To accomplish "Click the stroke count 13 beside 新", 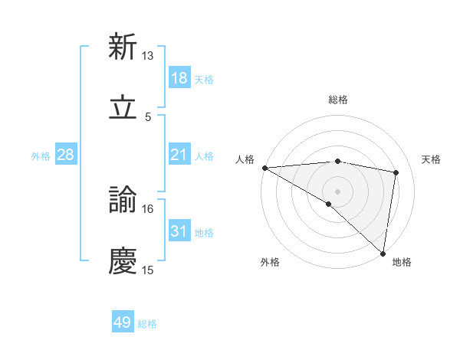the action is click(148, 55).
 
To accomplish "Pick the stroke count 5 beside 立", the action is click(148, 117).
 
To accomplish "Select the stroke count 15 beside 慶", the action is click(148, 270).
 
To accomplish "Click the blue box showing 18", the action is click(179, 78).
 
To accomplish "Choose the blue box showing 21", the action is click(179, 155).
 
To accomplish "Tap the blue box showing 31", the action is click(179, 232).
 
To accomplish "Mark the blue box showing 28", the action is click(66, 155).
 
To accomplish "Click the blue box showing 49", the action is click(123, 323).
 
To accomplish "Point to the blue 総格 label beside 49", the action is click(147, 324).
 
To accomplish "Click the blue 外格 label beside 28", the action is click(41, 156).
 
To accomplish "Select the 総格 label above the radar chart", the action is click(338, 100).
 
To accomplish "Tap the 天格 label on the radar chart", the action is click(432, 159).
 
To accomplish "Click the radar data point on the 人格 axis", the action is click(264, 168).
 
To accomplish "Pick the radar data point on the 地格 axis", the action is click(383, 253).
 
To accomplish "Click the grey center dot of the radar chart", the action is click(337, 190).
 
